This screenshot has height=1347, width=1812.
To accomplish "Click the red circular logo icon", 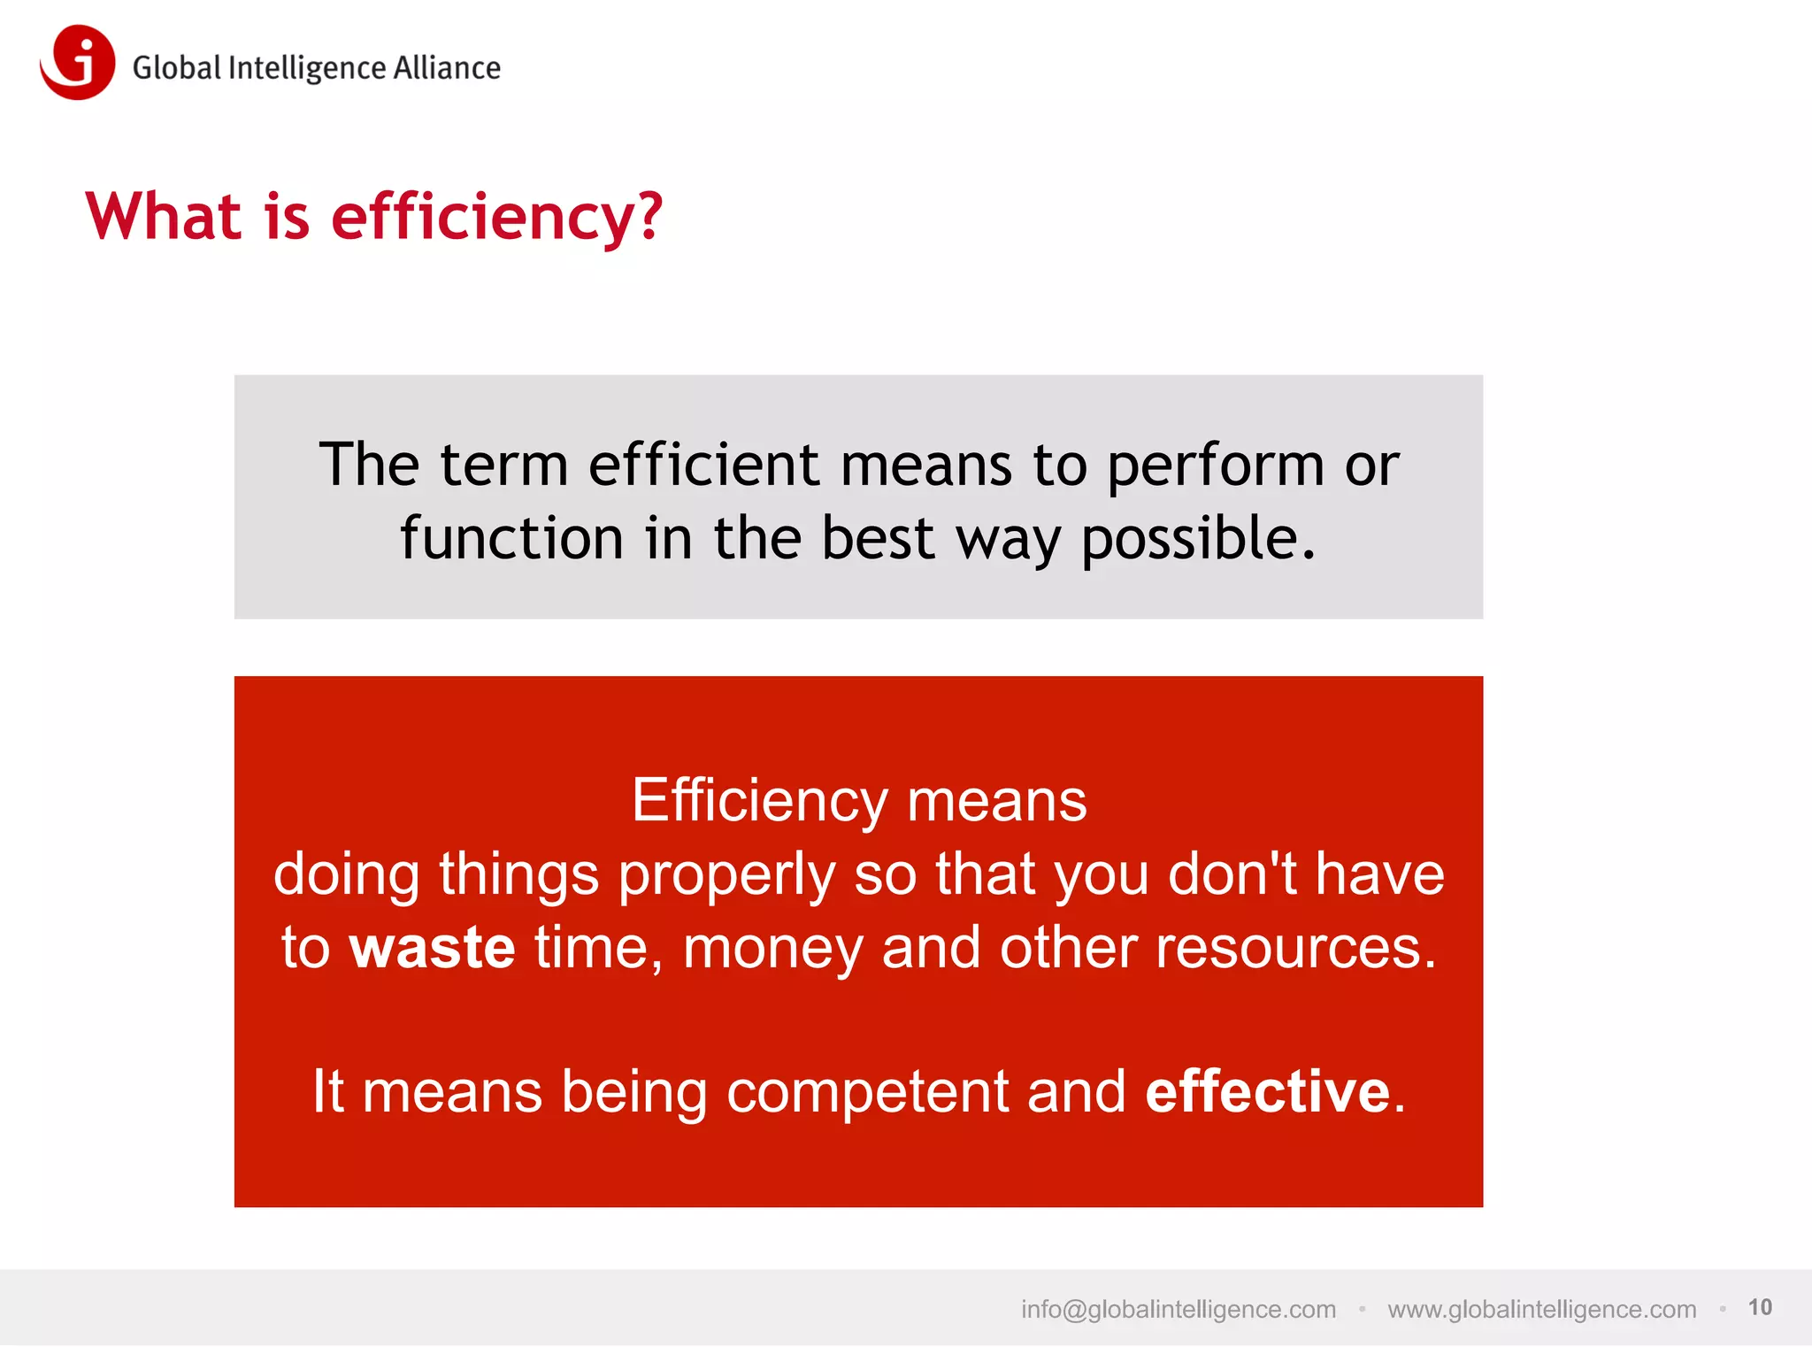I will [x=78, y=62].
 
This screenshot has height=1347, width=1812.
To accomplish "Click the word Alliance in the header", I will [x=447, y=68].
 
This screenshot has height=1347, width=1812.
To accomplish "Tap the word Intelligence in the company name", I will [x=307, y=69].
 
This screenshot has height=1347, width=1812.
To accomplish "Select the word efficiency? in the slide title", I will [x=496, y=217].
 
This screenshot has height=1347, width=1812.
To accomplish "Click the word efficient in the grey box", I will [x=704, y=465].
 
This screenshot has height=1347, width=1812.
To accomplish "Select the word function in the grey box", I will [x=511, y=538].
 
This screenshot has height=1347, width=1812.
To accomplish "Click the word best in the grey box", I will [x=877, y=538].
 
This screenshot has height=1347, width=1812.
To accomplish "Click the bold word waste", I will [x=432, y=948].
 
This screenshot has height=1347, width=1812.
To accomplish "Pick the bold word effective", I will [x=1267, y=1091].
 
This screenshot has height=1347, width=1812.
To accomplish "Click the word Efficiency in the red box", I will [x=759, y=801].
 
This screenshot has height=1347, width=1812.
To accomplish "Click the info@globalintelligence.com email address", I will [x=1178, y=1309].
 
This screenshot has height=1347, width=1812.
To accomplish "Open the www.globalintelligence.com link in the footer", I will [x=1541, y=1309].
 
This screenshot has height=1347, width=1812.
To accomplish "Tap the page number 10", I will [x=1759, y=1307].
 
